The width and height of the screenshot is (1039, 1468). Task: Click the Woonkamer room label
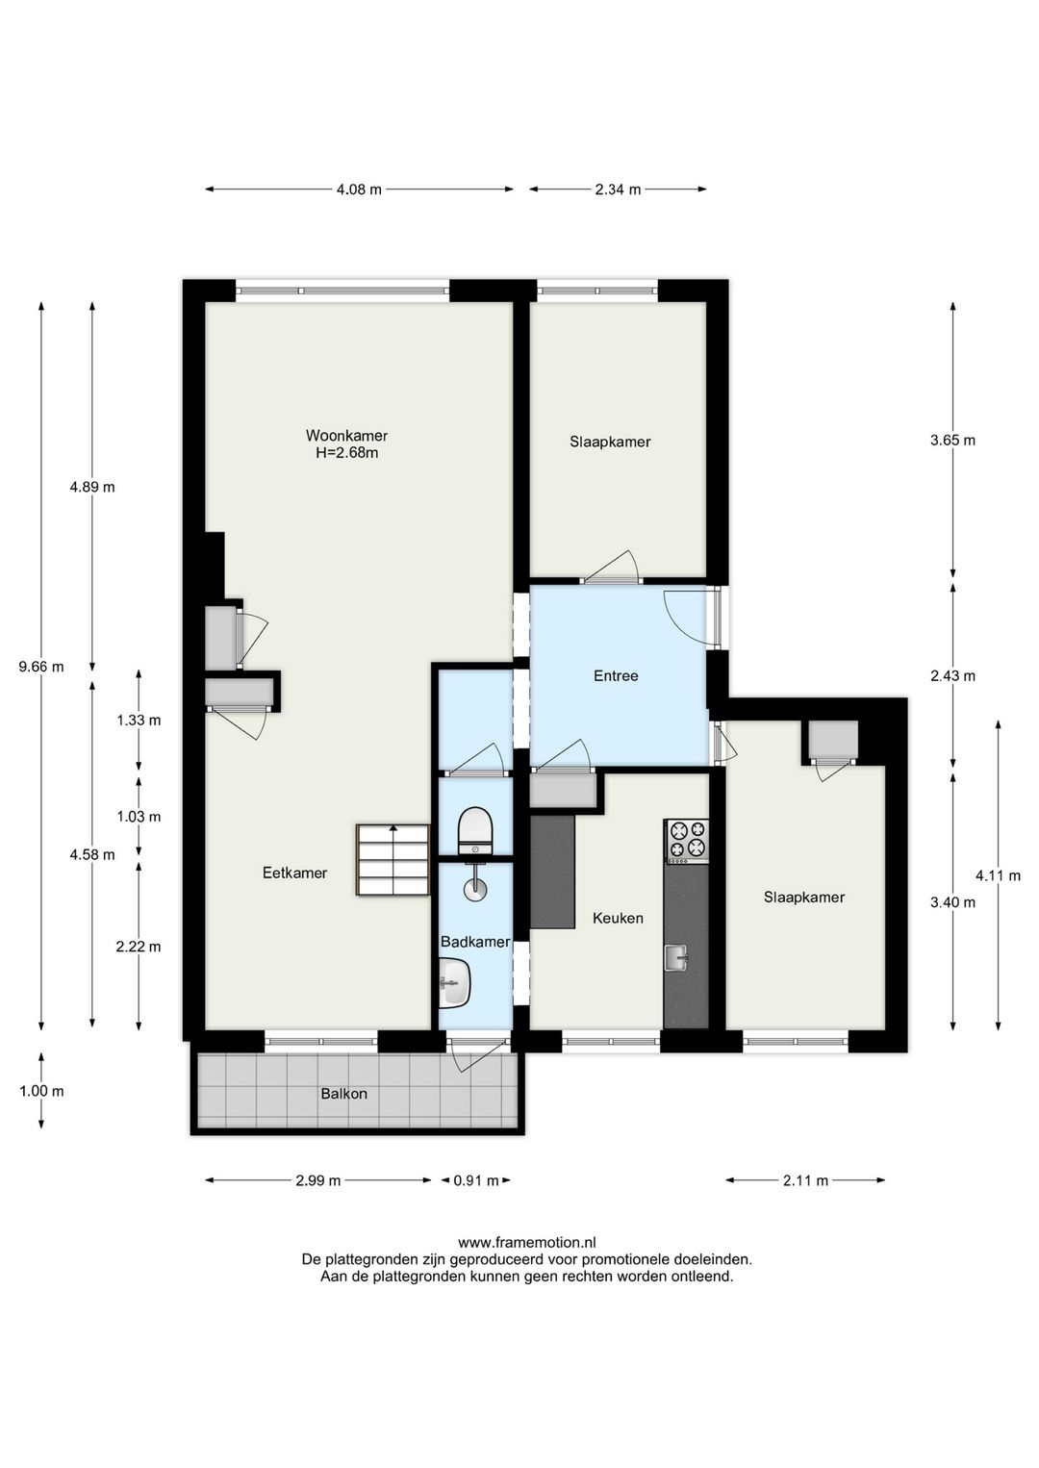click(346, 435)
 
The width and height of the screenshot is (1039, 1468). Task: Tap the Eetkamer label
click(294, 873)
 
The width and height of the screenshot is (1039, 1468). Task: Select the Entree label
click(616, 675)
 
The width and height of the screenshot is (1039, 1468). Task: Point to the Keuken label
click(618, 918)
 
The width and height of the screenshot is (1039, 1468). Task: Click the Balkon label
click(343, 1094)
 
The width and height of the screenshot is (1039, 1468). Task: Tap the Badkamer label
click(475, 942)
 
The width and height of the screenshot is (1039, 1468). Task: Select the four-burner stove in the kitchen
click(686, 841)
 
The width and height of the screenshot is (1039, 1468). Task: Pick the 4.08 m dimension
click(359, 190)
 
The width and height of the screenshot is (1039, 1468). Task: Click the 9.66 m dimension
click(41, 667)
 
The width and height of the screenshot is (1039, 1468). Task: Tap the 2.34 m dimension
click(619, 190)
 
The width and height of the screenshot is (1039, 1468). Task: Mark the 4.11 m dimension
click(999, 874)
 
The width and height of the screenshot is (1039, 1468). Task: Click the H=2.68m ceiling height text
click(346, 453)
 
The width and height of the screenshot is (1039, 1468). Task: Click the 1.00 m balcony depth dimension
click(41, 1091)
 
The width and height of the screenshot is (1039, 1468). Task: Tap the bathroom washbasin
click(454, 983)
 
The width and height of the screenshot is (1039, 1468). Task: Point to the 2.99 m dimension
click(317, 1180)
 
